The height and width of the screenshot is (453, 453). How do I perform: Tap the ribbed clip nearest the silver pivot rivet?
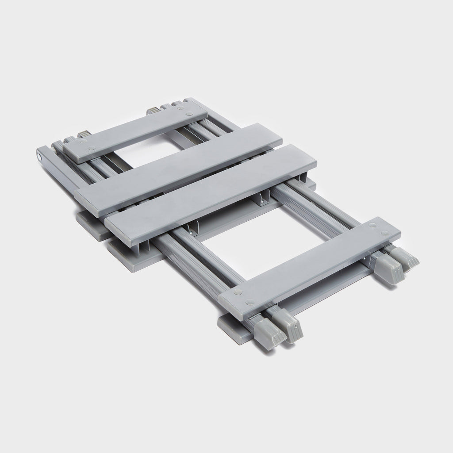point(83,134)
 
